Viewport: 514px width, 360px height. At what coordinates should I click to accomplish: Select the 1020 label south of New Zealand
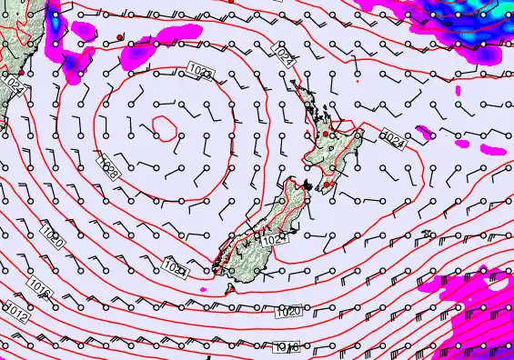coord(287,311)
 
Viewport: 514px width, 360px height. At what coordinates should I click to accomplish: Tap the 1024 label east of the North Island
coord(394,139)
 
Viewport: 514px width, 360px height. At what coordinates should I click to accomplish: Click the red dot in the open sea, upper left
coord(120,36)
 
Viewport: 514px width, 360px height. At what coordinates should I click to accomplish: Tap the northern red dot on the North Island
coord(326,135)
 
